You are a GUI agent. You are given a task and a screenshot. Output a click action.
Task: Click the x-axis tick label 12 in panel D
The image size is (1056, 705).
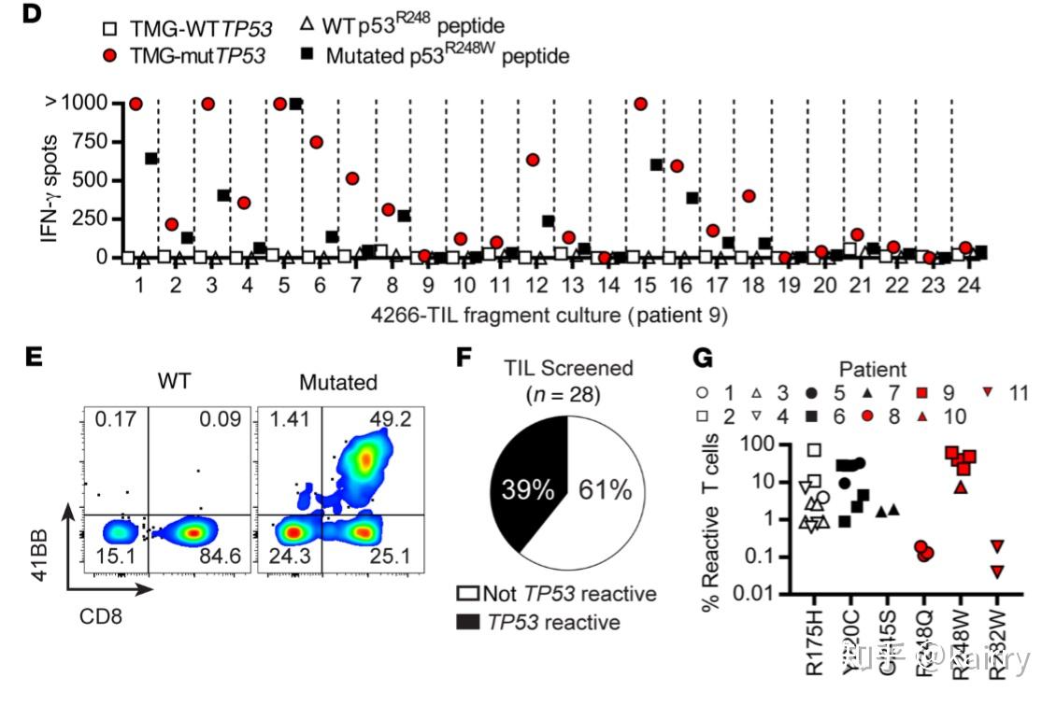[534, 283]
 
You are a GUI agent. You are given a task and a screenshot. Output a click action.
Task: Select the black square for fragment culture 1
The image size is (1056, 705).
[150, 159]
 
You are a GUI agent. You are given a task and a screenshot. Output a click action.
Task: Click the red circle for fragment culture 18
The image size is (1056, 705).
[749, 196]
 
